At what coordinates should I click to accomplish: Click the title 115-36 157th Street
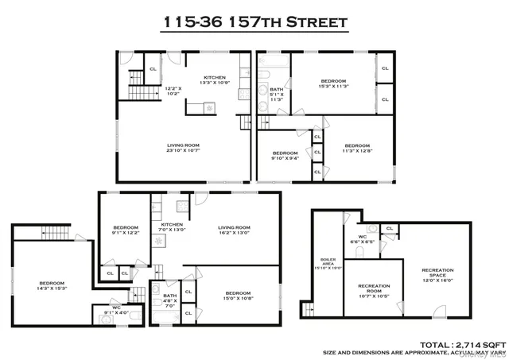pyautogui.click(x=254, y=22)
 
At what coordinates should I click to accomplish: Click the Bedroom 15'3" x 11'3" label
pyautogui.click(x=332, y=83)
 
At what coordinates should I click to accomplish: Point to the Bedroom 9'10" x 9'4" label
pyautogui.click(x=285, y=156)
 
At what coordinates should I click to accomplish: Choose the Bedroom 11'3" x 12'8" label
pyautogui.click(x=357, y=148)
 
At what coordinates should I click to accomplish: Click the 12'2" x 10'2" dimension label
pyautogui.click(x=173, y=90)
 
